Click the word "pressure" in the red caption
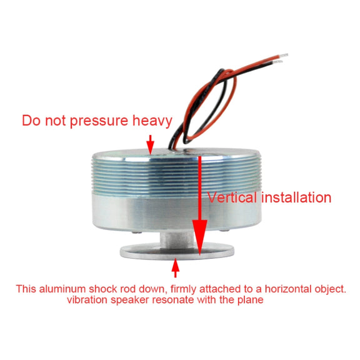tap(99, 121)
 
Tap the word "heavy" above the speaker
tap(152, 121)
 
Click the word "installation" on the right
tap(296, 197)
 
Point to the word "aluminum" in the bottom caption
tap(62, 289)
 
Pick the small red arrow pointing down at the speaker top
tap(151, 144)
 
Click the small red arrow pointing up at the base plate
tap(176, 267)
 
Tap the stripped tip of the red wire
tap(284, 56)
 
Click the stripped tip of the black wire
tap(277, 61)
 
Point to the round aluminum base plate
tap(177, 251)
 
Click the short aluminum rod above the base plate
tap(177, 239)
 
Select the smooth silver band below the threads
tap(177, 211)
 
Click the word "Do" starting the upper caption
tap(31, 121)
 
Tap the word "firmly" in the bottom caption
tap(184, 289)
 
